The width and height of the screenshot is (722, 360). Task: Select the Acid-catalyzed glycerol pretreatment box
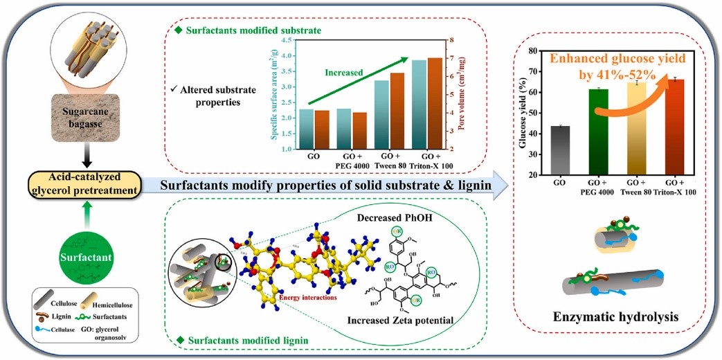click(82, 185)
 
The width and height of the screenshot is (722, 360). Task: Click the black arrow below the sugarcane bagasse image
click(82, 159)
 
